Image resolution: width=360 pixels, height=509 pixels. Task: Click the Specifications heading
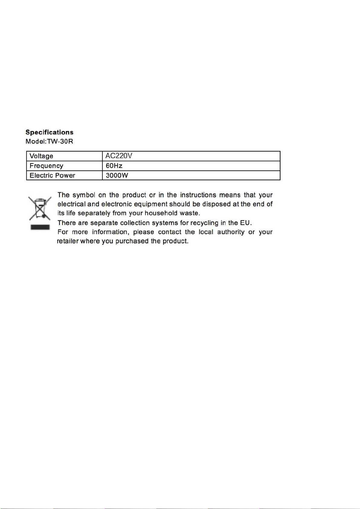[x=49, y=132]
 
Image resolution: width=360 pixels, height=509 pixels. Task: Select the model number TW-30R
[x=60, y=141]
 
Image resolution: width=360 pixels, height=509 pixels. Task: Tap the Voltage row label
[x=41, y=156]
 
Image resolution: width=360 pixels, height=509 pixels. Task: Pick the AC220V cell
[x=119, y=156]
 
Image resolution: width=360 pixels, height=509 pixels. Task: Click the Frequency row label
[x=47, y=166]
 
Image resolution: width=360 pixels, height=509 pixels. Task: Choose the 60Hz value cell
[x=114, y=166]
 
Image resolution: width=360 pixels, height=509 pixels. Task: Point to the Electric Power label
[x=52, y=176]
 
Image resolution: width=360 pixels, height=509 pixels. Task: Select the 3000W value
[x=117, y=176]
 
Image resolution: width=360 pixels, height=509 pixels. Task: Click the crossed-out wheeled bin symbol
[x=40, y=208]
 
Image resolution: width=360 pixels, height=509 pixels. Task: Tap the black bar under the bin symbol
[x=40, y=227]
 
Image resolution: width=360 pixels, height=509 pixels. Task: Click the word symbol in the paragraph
[x=84, y=195]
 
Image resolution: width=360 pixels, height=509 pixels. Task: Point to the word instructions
[x=198, y=195]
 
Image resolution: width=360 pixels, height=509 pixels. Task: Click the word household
[x=161, y=213]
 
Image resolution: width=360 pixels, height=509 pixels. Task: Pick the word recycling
[x=204, y=223]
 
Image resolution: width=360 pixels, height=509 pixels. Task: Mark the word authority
[x=231, y=232]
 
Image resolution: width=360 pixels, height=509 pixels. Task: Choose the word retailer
[x=68, y=241]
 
